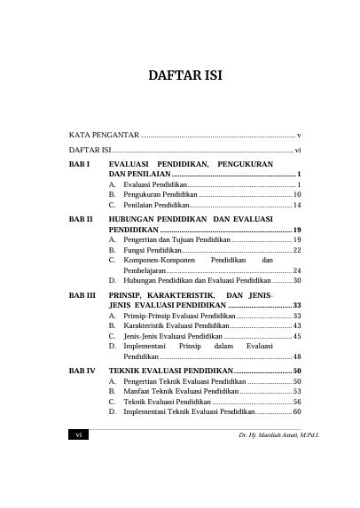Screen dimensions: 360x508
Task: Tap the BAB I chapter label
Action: coord(79,165)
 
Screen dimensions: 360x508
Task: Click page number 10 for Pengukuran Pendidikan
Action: coord(297,194)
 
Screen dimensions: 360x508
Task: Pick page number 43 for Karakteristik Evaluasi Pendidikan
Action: coord(297,326)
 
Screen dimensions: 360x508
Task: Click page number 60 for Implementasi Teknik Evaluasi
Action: coord(297,411)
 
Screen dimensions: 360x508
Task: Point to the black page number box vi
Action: coord(79,438)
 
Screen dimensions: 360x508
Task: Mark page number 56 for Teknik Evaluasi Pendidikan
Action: coord(297,401)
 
